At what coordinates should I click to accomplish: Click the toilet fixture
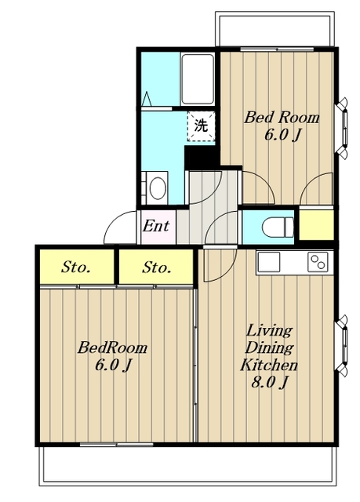point(278,227)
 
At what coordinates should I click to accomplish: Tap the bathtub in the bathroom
point(197,79)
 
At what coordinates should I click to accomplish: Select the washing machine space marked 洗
point(201,125)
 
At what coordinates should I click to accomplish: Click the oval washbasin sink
point(158,188)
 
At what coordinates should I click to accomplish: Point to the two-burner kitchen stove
point(318,262)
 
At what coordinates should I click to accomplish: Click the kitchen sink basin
point(269,262)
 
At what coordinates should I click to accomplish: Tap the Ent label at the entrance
point(156,226)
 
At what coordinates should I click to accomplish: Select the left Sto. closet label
point(75,267)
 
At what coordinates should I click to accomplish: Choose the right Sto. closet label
point(157,267)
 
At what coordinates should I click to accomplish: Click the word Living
point(269,331)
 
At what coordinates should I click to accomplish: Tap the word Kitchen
point(269,365)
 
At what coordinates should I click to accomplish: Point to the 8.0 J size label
point(270,383)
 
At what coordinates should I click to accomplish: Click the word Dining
point(269,348)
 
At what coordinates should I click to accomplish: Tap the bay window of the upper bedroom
point(342,129)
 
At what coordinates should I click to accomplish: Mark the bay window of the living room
point(342,346)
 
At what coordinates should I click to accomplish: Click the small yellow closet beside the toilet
point(317,224)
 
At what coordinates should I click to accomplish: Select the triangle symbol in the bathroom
point(147,99)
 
